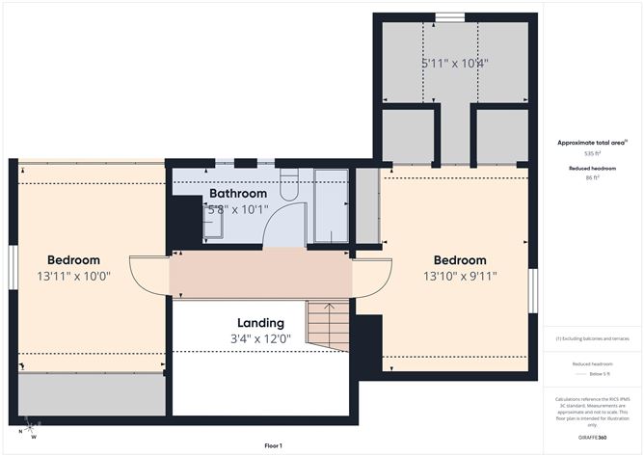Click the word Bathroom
coord(236,194)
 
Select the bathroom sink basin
coord(213,225)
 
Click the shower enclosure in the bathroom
coord(331,204)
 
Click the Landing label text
coord(260,322)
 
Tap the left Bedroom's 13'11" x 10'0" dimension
coord(74,276)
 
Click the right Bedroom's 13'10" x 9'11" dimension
coord(459,276)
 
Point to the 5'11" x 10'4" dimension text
coord(454,63)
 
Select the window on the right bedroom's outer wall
coord(532,290)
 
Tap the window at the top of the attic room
coord(449,16)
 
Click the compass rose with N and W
coord(31,427)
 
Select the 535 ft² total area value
coord(592,153)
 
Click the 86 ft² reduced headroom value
coord(592,177)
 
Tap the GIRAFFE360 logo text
coord(592,437)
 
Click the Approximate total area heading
coord(592,142)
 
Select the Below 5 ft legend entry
coord(592,373)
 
